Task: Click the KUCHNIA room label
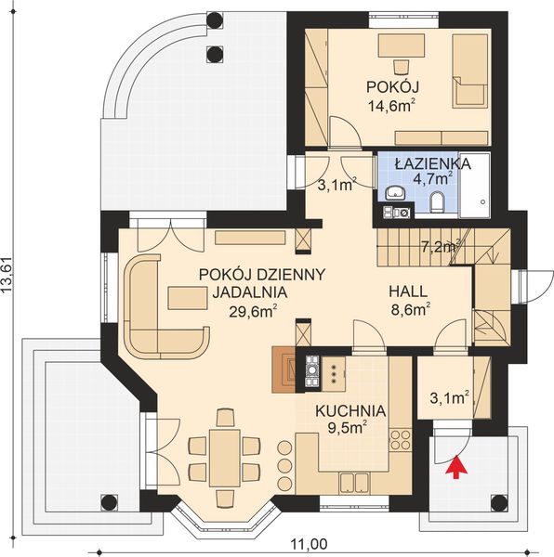(349, 410)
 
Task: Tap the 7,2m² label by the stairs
(442, 247)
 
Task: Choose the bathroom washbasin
(394, 193)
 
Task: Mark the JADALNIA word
(244, 292)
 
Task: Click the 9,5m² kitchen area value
(349, 428)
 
